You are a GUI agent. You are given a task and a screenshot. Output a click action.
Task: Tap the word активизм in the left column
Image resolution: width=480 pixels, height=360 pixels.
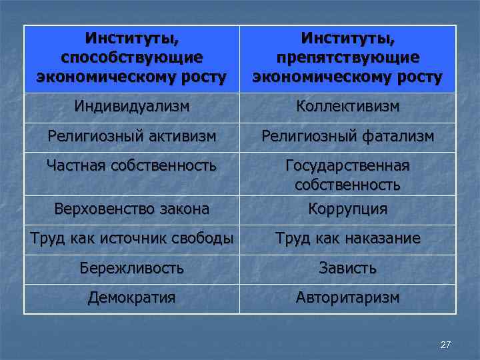184,137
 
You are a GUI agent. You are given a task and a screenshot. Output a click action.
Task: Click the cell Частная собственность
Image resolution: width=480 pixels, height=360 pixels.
132,165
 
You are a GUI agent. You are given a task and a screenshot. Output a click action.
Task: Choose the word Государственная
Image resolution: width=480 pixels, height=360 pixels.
347,165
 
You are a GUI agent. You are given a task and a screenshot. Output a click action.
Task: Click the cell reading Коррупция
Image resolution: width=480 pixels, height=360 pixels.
347,209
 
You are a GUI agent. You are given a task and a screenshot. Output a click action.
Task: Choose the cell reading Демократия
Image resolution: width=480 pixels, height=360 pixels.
132,297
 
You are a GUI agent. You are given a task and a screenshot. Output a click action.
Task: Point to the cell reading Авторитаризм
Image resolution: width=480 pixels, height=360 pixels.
347,297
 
